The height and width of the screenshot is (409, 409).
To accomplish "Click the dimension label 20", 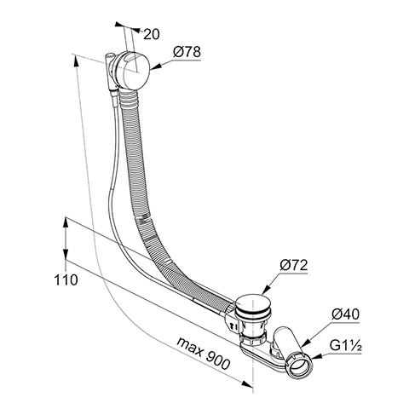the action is coord(152,34).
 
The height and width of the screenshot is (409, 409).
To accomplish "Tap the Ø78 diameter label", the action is coord(187,52).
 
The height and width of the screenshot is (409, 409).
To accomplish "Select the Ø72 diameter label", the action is coord(294,265).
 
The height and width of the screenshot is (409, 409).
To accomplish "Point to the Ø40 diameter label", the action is coord(345,314).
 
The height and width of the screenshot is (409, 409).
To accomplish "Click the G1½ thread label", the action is coord(346,346).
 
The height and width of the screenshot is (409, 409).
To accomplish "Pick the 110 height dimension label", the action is coord(66,279).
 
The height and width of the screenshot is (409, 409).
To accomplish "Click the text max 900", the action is coord(203,353).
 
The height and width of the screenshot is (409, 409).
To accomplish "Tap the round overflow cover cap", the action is coord(133,71).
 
